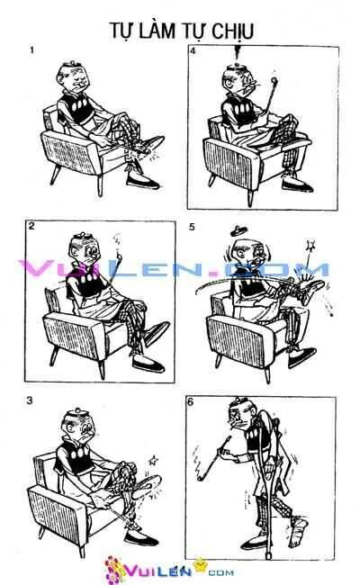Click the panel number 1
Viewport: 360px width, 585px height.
(32, 50)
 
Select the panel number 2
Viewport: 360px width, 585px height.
(31, 227)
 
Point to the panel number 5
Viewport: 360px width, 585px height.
(192, 227)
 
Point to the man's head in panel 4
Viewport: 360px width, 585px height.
(237, 83)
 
